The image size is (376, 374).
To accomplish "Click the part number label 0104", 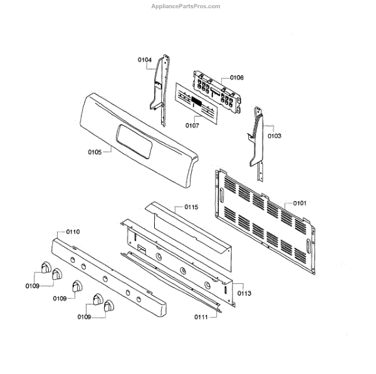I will pyautogui.click(x=145, y=60).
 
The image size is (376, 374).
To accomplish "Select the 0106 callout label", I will pyautogui.click(x=236, y=78).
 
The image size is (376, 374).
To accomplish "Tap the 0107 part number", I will pyautogui.click(x=192, y=125).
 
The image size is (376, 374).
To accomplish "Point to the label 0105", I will pyautogui.click(x=95, y=151).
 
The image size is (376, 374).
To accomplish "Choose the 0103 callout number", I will pyautogui.click(x=274, y=135).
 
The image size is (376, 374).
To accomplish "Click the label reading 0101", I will pyautogui.click(x=300, y=203).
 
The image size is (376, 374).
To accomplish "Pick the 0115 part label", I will pyautogui.click(x=191, y=207).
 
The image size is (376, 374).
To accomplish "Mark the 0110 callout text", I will pyautogui.click(x=72, y=232).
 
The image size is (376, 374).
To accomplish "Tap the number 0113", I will pyautogui.click(x=244, y=293).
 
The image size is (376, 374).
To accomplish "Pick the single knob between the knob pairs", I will pyautogui.click(x=78, y=286).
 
